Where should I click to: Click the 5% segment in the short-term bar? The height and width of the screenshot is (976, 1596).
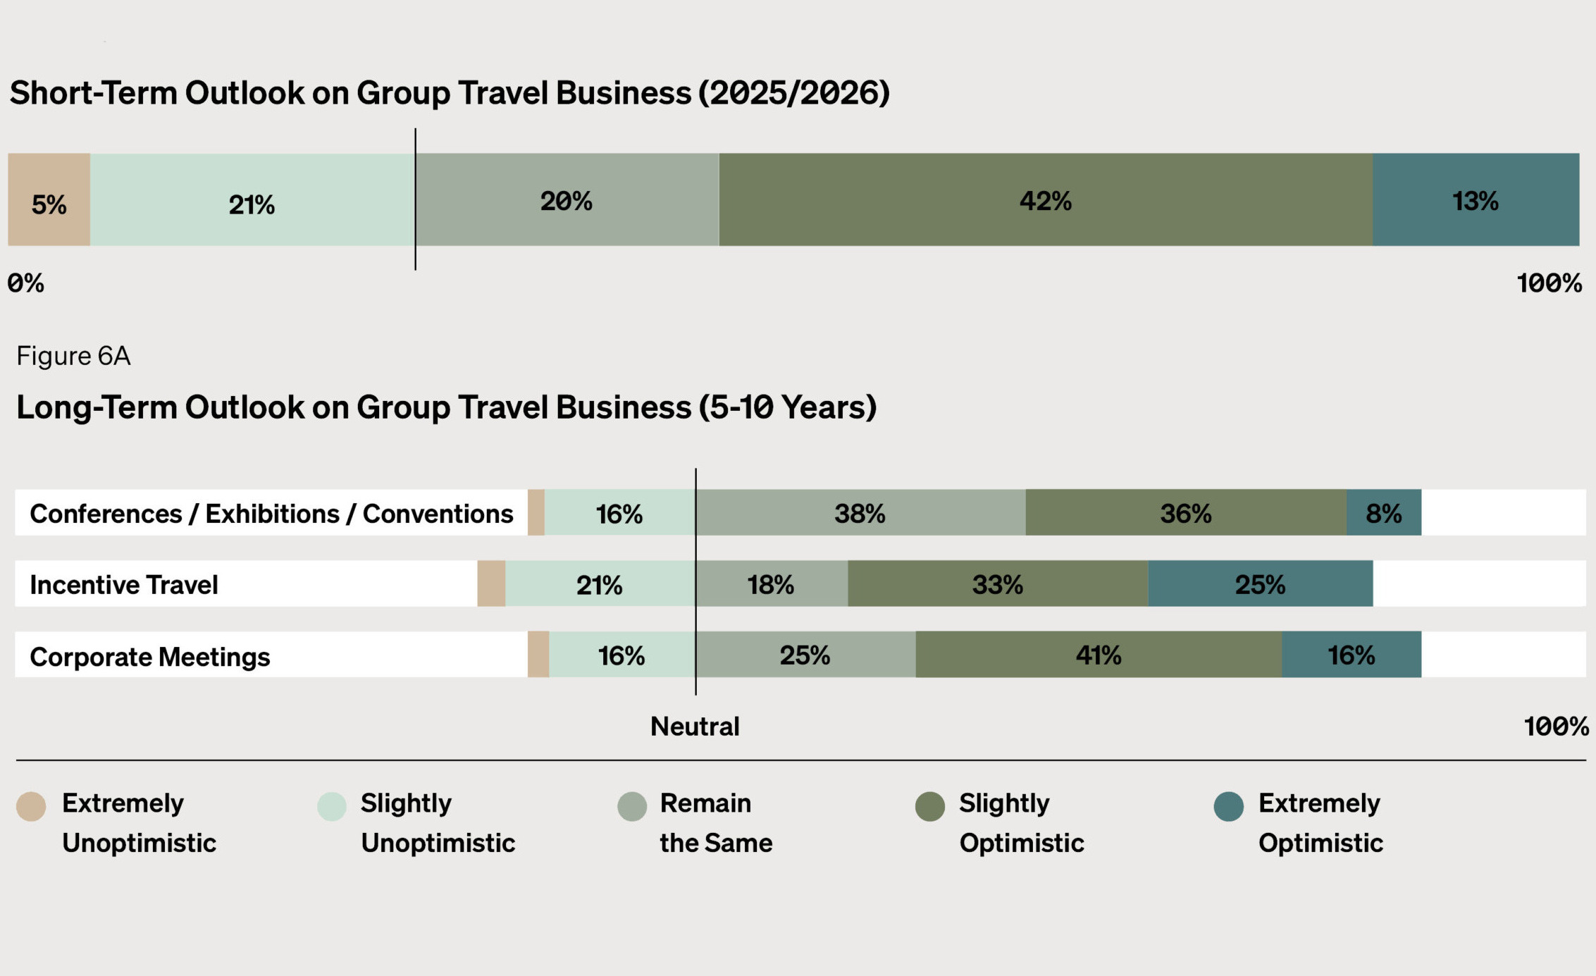pos(49,200)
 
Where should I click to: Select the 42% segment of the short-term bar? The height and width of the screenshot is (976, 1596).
pos(1046,200)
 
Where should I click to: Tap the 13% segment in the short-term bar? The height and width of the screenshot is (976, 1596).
pos(1476,200)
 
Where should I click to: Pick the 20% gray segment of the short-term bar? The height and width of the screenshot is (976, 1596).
pos(567,200)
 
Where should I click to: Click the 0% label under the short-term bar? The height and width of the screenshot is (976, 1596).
pos(26,283)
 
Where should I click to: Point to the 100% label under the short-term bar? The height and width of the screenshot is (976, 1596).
pos(1549,283)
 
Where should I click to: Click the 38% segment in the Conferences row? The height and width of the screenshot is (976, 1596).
pos(860,513)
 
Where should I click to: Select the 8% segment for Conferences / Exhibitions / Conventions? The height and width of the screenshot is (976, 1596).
pos(1383,513)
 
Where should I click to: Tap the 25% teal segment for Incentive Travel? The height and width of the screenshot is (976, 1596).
pos(1260,584)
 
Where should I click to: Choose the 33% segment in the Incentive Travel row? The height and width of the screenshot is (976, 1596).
pos(997,584)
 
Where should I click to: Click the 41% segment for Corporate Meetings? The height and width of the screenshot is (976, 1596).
pos(1098,655)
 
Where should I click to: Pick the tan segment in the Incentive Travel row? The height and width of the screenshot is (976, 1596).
pos(491,584)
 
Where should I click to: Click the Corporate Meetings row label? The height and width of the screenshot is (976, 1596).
pos(149,657)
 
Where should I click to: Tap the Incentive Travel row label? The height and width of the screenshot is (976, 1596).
pos(124,585)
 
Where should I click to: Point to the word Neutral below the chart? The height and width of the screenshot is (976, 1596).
pos(695,727)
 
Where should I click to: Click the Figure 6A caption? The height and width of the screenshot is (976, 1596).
pos(73,356)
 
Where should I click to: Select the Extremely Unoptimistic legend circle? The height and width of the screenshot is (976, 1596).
pos(31,806)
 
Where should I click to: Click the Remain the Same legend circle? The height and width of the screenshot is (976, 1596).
pos(631,806)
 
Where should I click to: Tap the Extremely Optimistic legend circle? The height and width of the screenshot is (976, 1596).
pos(1228,806)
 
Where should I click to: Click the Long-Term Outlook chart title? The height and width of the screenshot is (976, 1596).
pos(446,407)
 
